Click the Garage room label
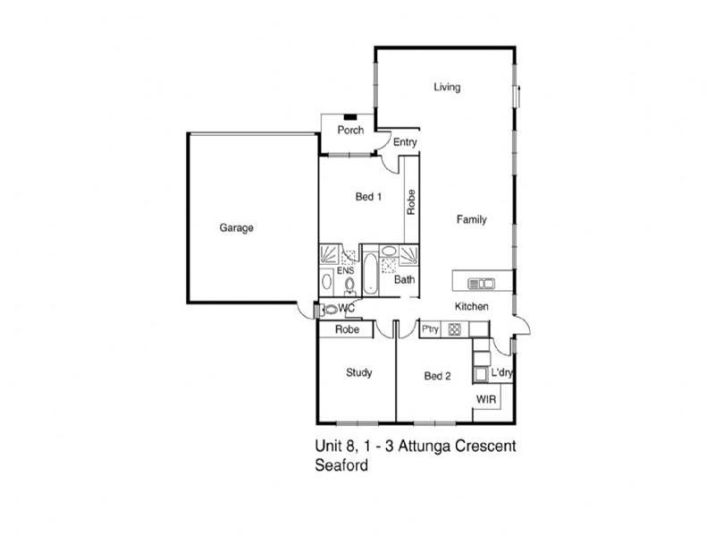pyautogui.click(x=236, y=227)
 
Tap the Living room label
pyautogui.click(x=447, y=87)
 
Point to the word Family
pyautogui.click(x=472, y=219)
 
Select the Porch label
pyautogui.click(x=350, y=130)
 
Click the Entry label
pyautogui.click(x=405, y=142)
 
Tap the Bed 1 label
pyautogui.click(x=368, y=197)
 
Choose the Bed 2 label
pyautogui.click(x=437, y=376)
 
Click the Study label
pyautogui.click(x=359, y=372)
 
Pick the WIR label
pyautogui.click(x=486, y=399)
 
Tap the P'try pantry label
pyautogui.click(x=430, y=328)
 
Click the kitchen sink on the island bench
pyautogui.click(x=481, y=284)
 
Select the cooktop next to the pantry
pyautogui.click(x=455, y=329)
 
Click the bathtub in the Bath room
pyautogui.click(x=370, y=273)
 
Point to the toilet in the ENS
pyautogui.click(x=349, y=286)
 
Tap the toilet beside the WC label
pyautogui.click(x=330, y=310)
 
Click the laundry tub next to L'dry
pyautogui.click(x=481, y=374)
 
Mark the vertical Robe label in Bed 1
pyautogui.click(x=411, y=202)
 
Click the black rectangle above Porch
pyautogui.click(x=350, y=117)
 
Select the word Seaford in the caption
pyautogui.click(x=341, y=465)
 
